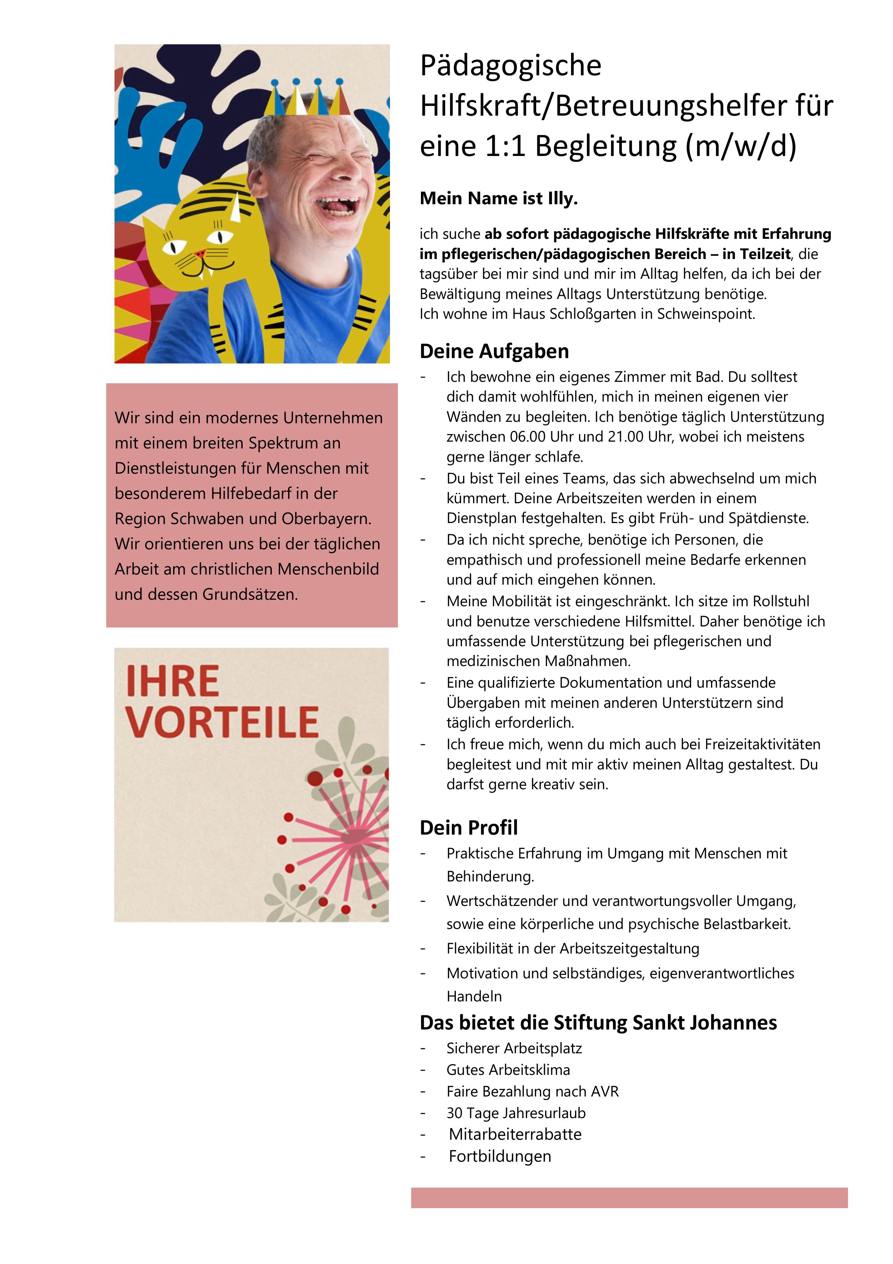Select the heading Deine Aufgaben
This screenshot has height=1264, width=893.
pos(494,351)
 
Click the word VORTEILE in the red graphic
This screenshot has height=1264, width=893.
pos(222,722)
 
